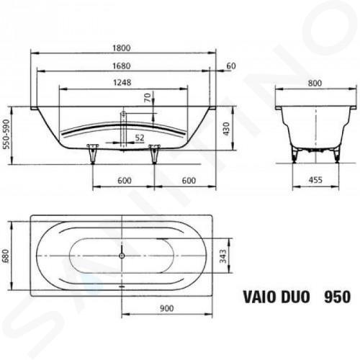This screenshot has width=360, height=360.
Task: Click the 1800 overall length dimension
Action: pos(122,48)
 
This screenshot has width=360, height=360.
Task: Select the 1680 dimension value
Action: pos(122,66)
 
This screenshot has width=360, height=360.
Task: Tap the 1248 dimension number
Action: pos(122,83)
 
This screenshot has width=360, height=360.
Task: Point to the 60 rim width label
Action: pos(231,66)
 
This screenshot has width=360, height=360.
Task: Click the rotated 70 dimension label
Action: pos(148,97)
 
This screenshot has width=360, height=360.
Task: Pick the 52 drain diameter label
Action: pos(140,138)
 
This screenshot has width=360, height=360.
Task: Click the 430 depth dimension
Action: pos(226,129)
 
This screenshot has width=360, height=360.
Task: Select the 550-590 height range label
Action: pos(6,134)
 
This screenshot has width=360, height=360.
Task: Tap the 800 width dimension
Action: pos(315,83)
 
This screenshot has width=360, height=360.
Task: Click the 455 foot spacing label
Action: pos(315,180)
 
